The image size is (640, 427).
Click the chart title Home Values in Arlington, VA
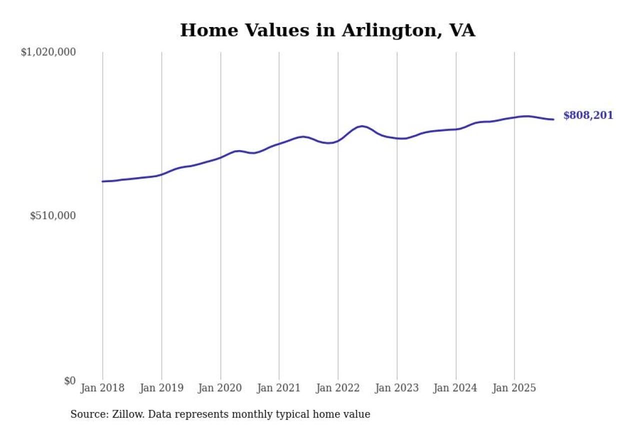pos(327,31)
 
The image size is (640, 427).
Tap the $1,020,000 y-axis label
pos(48,52)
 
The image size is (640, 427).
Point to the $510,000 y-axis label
pos(52,216)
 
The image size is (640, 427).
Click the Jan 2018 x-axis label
pos(102,388)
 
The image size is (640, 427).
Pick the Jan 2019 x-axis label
pos(161,388)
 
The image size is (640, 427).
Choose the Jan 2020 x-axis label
pos(220,388)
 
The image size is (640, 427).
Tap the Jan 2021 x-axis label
pos(279,388)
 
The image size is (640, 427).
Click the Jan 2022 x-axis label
pos(338,388)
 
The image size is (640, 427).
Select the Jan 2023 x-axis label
pos(397,388)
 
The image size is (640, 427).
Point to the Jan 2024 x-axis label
pos(455,388)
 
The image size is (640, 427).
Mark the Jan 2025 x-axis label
pos(514,388)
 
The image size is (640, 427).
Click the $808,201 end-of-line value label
pos(588,116)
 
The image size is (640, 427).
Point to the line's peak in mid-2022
pos(361,126)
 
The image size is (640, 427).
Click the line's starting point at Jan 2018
pos(102,181)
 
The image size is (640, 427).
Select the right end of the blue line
pos(553,119)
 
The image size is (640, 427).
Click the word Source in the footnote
pos(86,414)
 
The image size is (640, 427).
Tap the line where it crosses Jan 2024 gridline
pos(456,129)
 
